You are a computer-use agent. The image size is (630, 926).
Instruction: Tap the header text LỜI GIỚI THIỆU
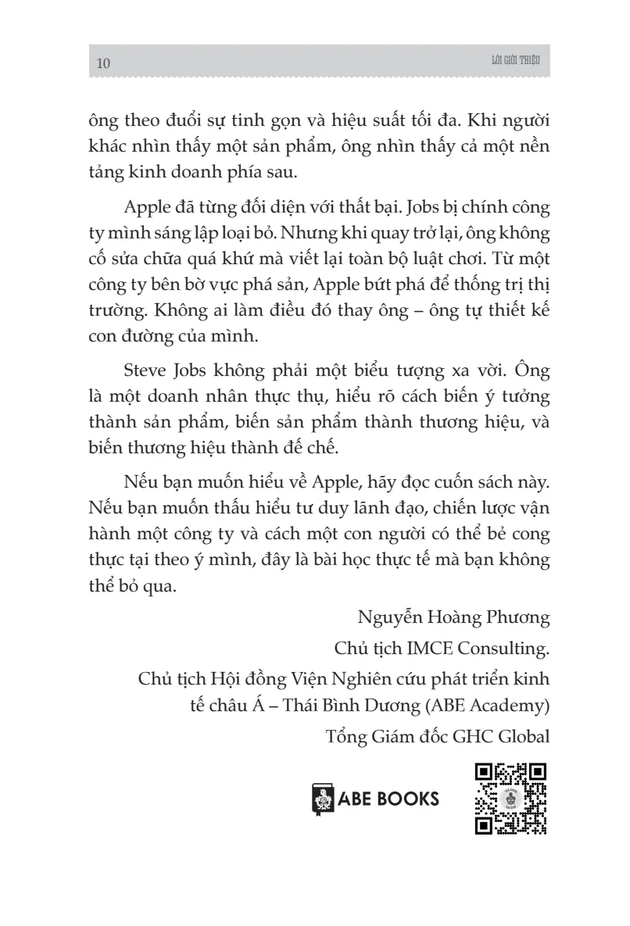pos(517,61)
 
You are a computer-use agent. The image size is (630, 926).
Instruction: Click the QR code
pos(510,799)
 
